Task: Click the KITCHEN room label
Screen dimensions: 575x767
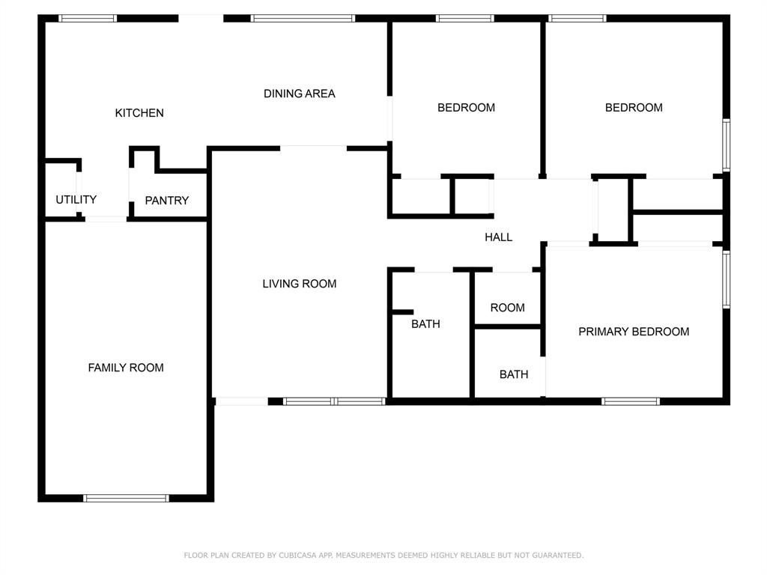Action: click(x=139, y=113)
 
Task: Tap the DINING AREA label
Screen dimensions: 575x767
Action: click(x=299, y=94)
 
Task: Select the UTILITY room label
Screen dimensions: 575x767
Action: click(x=76, y=200)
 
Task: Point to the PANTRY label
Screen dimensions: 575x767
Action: click(x=166, y=201)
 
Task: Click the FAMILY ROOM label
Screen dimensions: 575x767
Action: click(x=126, y=368)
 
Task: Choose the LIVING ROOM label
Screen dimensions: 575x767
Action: click(x=299, y=284)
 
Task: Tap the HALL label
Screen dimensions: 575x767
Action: click(x=498, y=237)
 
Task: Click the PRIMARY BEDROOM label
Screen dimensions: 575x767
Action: click(x=634, y=332)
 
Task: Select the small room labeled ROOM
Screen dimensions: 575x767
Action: click(x=507, y=308)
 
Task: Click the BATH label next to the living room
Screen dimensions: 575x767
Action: click(x=425, y=324)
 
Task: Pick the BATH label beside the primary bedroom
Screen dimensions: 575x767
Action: click(x=514, y=374)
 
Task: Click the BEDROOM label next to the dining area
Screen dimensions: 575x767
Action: click(x=466, y=108)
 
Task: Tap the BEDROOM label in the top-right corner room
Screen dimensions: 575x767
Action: click(x=634, y=108)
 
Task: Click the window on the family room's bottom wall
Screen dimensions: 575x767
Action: click(x=126, y=498)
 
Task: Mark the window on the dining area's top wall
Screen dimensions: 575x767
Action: click(x=303, y=18)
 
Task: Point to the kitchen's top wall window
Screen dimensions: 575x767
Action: click(x=88, y=18)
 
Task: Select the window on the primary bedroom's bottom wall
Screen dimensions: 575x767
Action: click(x=631, y=401)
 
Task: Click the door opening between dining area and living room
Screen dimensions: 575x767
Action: click(x=313, y=147)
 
